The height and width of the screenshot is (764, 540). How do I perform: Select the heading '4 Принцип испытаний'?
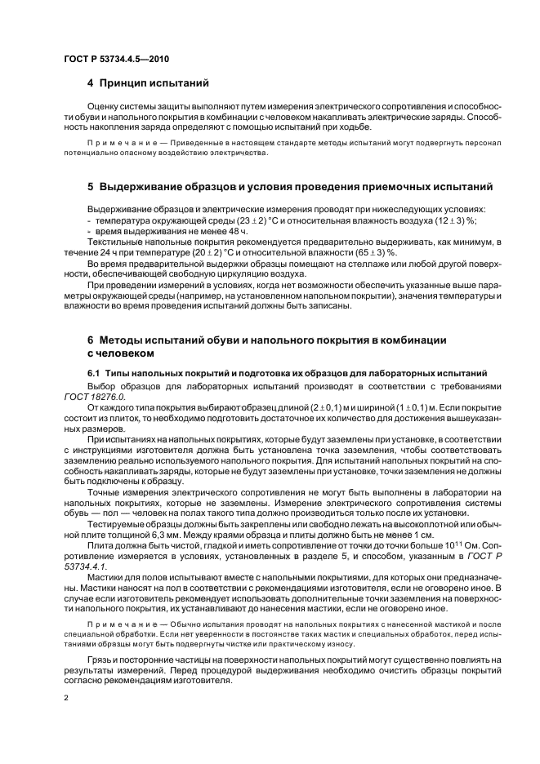coord(148,83)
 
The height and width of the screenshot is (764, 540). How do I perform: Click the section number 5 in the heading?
coord(91,185)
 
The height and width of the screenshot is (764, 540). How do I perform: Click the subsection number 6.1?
coord(95,372)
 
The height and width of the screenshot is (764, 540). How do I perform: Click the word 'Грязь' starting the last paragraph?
coord(101,660)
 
